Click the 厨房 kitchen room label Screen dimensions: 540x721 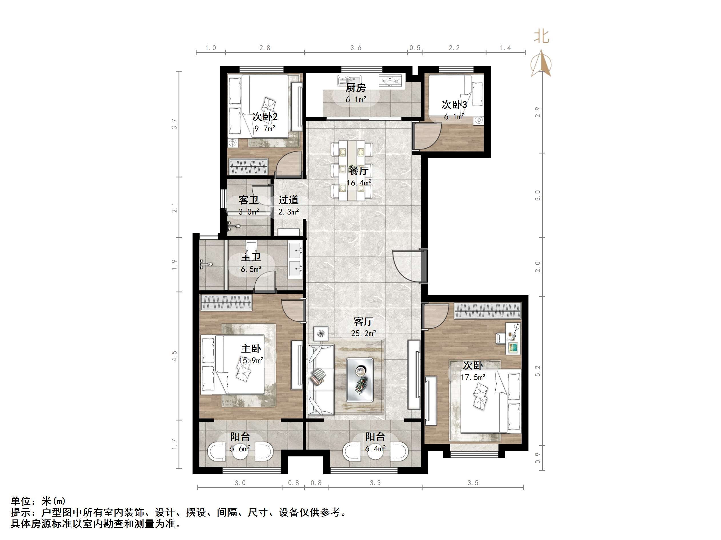click(x=356, y=88)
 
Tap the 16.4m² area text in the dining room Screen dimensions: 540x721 click(x=359, y=183)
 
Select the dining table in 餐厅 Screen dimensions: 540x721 click(x=352, y=171)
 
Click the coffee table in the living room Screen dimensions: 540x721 click(x=360, y=379)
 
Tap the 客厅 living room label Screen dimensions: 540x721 click(x=363, y=321)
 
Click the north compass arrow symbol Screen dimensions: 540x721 click(x=541, y=64)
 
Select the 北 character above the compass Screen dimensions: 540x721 click(x=541, y=37)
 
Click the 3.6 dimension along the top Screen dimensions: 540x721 click(x=356, y=48)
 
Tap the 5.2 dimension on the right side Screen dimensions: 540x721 click(x=538, y=371)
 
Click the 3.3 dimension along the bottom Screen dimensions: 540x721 click(x=375, y=483)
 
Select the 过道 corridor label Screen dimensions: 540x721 click(x=289, y=200)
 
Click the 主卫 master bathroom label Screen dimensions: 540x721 click(x=251, y=258)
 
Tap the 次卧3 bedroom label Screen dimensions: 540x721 click(x=454, y=105)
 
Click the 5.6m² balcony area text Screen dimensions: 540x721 click(x=240, y=449)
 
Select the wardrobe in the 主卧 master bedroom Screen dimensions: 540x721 click(x=226, y=302)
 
